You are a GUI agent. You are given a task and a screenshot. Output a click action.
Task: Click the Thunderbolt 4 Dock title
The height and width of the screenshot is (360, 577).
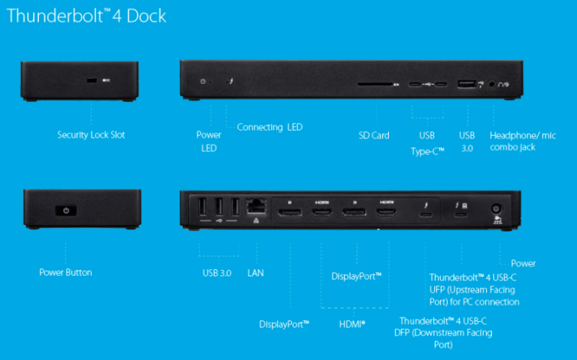pos(87,16)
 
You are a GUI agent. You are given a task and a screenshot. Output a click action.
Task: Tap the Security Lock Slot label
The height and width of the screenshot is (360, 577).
pos(91,135)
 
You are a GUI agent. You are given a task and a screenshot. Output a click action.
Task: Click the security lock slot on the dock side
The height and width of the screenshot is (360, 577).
pos(92,80)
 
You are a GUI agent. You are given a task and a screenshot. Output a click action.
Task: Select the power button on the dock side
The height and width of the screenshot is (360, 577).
pos(66,211)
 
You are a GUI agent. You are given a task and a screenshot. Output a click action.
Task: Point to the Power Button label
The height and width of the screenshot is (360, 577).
pos(66,273)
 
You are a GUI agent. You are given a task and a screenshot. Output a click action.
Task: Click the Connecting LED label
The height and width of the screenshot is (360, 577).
pos(270,128)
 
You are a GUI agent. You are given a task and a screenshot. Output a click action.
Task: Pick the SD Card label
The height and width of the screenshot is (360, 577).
pos(374,136)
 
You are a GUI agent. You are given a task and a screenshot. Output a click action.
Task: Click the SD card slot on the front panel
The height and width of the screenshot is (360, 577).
pos(375,84)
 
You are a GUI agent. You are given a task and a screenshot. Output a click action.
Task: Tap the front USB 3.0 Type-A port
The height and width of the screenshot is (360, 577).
pos(466,84)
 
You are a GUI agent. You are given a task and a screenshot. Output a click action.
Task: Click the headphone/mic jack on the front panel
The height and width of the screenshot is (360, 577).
pos(493,84)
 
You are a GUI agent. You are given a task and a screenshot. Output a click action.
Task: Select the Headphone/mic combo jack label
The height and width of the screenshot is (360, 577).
pos(522,141)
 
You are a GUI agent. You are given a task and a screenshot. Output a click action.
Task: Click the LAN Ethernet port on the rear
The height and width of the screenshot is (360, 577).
pos(256,206)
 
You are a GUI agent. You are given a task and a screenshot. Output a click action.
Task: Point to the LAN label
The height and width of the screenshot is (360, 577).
pos(255,273)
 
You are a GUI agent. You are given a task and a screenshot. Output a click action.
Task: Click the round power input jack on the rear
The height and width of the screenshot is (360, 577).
pos(496,209)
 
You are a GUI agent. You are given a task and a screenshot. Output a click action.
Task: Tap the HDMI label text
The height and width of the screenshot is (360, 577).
pos(352,324)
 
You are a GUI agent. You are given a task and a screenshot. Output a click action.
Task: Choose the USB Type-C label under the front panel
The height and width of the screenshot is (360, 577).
pos(427,144)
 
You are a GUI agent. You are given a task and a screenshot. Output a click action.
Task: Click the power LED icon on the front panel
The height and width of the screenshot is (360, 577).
pos(203,81)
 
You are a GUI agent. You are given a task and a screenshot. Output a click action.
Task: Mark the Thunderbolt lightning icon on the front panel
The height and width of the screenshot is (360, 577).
pos(232,81)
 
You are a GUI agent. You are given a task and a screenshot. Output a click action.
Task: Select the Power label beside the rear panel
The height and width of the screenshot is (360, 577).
pos(524,263)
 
